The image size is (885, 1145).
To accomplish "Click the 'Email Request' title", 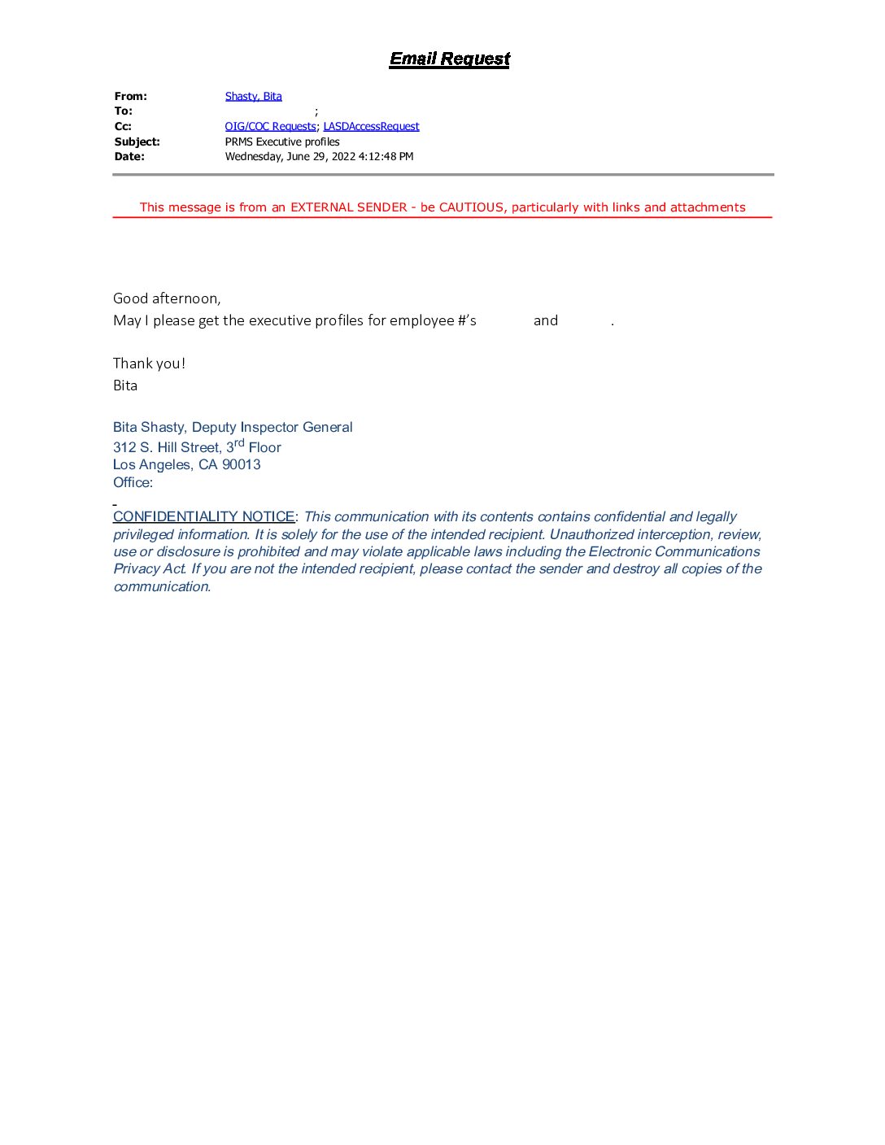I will [x=449, y=59].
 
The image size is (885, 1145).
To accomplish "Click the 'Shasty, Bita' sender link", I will [x=253, y=96].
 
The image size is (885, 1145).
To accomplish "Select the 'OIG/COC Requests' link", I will [x=270, y=126].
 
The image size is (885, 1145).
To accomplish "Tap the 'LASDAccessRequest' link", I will [x=371, y=126].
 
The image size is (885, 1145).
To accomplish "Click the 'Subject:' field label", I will [x=137, y=141].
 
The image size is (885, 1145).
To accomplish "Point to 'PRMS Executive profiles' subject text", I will [x=282, y=141].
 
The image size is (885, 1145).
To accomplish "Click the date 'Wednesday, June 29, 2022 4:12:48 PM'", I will [x=319, y=156].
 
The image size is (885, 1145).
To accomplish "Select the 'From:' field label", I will [x=130, y=96].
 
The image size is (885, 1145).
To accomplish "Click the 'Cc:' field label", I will [x=123, y=126].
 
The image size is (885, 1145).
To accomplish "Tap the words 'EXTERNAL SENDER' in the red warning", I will [x=348, y=207].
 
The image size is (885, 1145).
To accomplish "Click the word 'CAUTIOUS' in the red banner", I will [x=471, y=207].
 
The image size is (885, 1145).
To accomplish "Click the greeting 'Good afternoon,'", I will [x=167, y=298].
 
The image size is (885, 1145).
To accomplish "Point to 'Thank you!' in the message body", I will [x=149, y=364].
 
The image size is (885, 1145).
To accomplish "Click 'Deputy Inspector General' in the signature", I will [x=272, y=427].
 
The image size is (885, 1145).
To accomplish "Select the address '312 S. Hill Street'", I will [x=167, y=447].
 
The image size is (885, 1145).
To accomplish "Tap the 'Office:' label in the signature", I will [x=133, y=482].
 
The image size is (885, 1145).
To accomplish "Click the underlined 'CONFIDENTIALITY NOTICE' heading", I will [x=203, y=516].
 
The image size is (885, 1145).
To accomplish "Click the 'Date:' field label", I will [x=129, y=156].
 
